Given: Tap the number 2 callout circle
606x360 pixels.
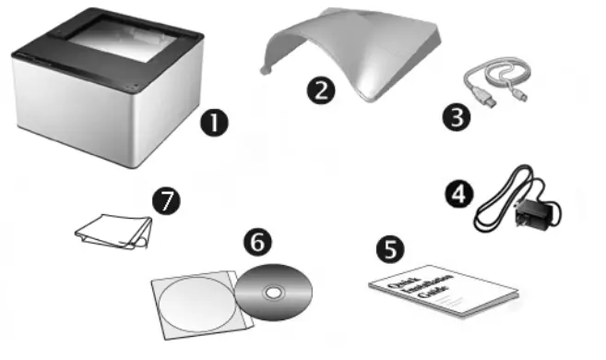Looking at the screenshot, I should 321,90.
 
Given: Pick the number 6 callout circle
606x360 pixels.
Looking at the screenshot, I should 258,242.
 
